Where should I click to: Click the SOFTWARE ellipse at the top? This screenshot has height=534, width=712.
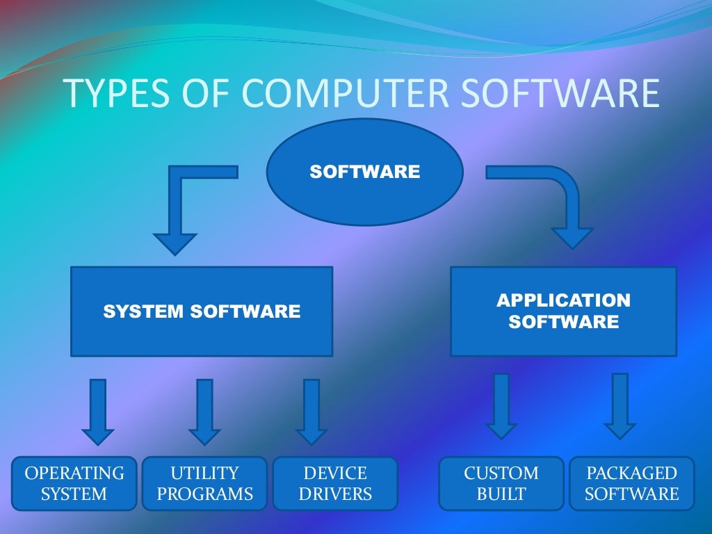click(x=364, y=172)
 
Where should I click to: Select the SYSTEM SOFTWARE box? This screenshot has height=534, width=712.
click(x=202, y=311)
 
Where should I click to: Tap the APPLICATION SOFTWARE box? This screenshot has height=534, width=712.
click(x=563, y=311)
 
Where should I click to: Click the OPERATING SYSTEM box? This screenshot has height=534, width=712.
click(x=74, y=483)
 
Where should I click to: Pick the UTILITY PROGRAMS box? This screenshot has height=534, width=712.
click(x=204, y=483)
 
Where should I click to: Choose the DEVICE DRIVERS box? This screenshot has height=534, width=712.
click(x=335, y=483)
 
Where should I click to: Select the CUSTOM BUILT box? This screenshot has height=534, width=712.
click(x=501, y=483)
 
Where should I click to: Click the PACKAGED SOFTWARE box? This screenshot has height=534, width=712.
click(x=631, y=483)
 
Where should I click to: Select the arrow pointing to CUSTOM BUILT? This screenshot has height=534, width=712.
click(x=501, y=407)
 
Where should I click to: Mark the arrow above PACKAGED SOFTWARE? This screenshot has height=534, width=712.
click(x=620, y=407)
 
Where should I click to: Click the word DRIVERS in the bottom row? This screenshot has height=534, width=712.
click(x=335, y=494)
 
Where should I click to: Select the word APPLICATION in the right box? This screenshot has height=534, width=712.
click(x=563, y=300)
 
